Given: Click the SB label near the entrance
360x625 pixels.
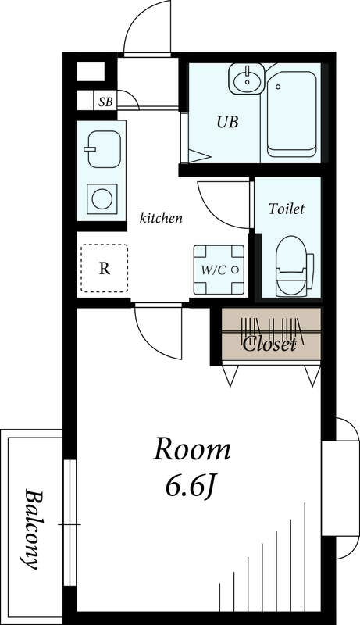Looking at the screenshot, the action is tap(105, 102).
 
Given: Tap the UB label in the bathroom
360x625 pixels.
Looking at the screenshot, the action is tap(227, 122).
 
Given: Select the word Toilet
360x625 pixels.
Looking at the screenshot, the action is tap(287, 209).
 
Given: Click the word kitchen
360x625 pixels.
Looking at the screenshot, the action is tap(161, 218).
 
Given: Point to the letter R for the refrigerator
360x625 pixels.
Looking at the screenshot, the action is tap(105, 269).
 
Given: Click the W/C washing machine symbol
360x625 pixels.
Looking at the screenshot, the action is tap(219, 270).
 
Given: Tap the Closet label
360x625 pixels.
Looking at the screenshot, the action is tap(269, 344).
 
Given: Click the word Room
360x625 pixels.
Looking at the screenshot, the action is tap(192, 450).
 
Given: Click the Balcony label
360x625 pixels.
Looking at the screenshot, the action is tap(33, 529).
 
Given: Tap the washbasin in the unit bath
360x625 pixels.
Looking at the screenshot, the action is tap(247, 80).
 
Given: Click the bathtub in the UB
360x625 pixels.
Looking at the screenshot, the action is tap(292, 114).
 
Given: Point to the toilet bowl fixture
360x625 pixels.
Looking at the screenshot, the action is tap(291, 266).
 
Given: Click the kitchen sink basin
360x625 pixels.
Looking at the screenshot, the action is tap(104, 149).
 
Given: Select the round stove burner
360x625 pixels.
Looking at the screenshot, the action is tap(102, 199).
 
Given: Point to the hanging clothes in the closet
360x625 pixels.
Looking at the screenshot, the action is tap(273, 330).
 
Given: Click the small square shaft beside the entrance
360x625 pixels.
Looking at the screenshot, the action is tap(91, 72).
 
